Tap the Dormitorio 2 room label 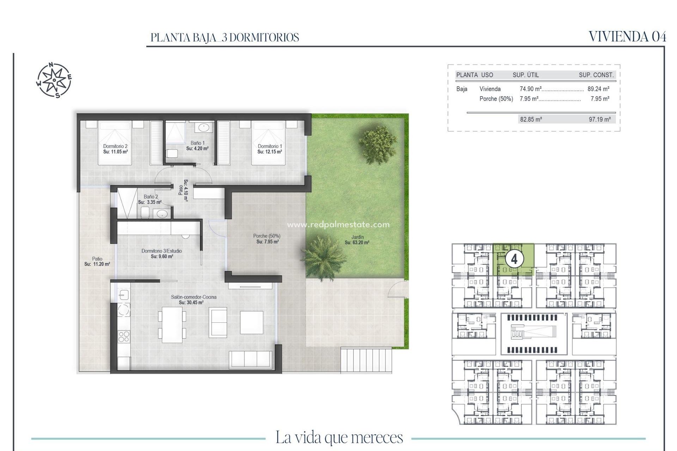pyautogui.click(x=115, y=146)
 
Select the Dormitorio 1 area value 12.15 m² pyautogui.click(x=269, y=152)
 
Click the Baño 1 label pyautogui.click(x=197, y=143)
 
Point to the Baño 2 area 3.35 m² pyautogui.click(x=150, y=202)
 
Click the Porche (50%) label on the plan pyautogui.click(x=267, y=236)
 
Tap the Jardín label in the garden pyautogui.click(x=357, y=237)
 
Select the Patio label pyautogui.click(x=97, y=259)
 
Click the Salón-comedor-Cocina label pyautogui.click(x=194, y=297)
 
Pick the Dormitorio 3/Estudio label pyautogui.click(x=161, y=251)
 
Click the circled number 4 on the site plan pyautogui.click(x=514, y=259)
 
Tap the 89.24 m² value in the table pyautogui.click(x=598, y=89)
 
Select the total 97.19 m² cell pyautogui.click(x=599, y=119)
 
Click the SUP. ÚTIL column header pyautogui.click(x=525, y=75)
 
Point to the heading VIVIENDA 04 pyautogui.click(x=627, y=37)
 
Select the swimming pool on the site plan pyautogui.click(x=534, y=332)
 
